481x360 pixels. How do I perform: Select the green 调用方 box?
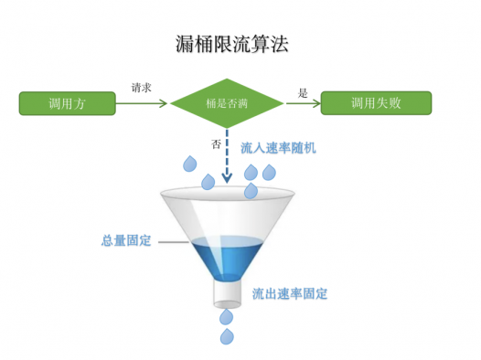[x=68, y=102]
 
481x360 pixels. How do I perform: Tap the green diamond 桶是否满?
[x=227, y=103]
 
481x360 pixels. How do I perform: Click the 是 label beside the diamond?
[x=303, y=91]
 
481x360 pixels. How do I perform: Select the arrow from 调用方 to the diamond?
[x=143, y=103]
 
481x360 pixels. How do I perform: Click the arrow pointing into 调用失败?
[x=303, y=103]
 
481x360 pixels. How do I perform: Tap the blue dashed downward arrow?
[x=227, y=155]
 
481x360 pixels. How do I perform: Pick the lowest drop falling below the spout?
[x=227, y=337]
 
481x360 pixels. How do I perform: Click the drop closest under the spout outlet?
[x=227, y=317]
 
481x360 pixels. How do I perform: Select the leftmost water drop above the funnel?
[x=190, y=164]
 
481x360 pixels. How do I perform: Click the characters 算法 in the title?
[x=279, y=42]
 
